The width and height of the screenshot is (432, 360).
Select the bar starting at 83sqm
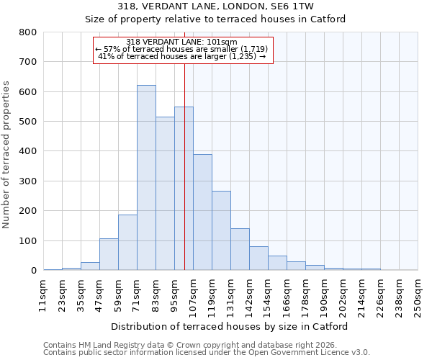tap(165, 194)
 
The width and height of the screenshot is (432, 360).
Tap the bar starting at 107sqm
tap(202, 212)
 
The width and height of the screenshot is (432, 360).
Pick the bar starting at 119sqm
tap(221, 230)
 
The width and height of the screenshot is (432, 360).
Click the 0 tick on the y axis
tap(33, 271)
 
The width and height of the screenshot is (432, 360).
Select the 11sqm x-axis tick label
tap(43, 294)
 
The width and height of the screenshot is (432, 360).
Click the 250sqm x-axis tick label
tap(418, 294)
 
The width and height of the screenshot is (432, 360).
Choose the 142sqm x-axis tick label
tap(249, 294)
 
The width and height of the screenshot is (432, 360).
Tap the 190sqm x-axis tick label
tap(324, 294)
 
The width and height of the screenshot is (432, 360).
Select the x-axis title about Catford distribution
tap(230, 326)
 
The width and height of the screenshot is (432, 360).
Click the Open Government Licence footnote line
tap(207, 353)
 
